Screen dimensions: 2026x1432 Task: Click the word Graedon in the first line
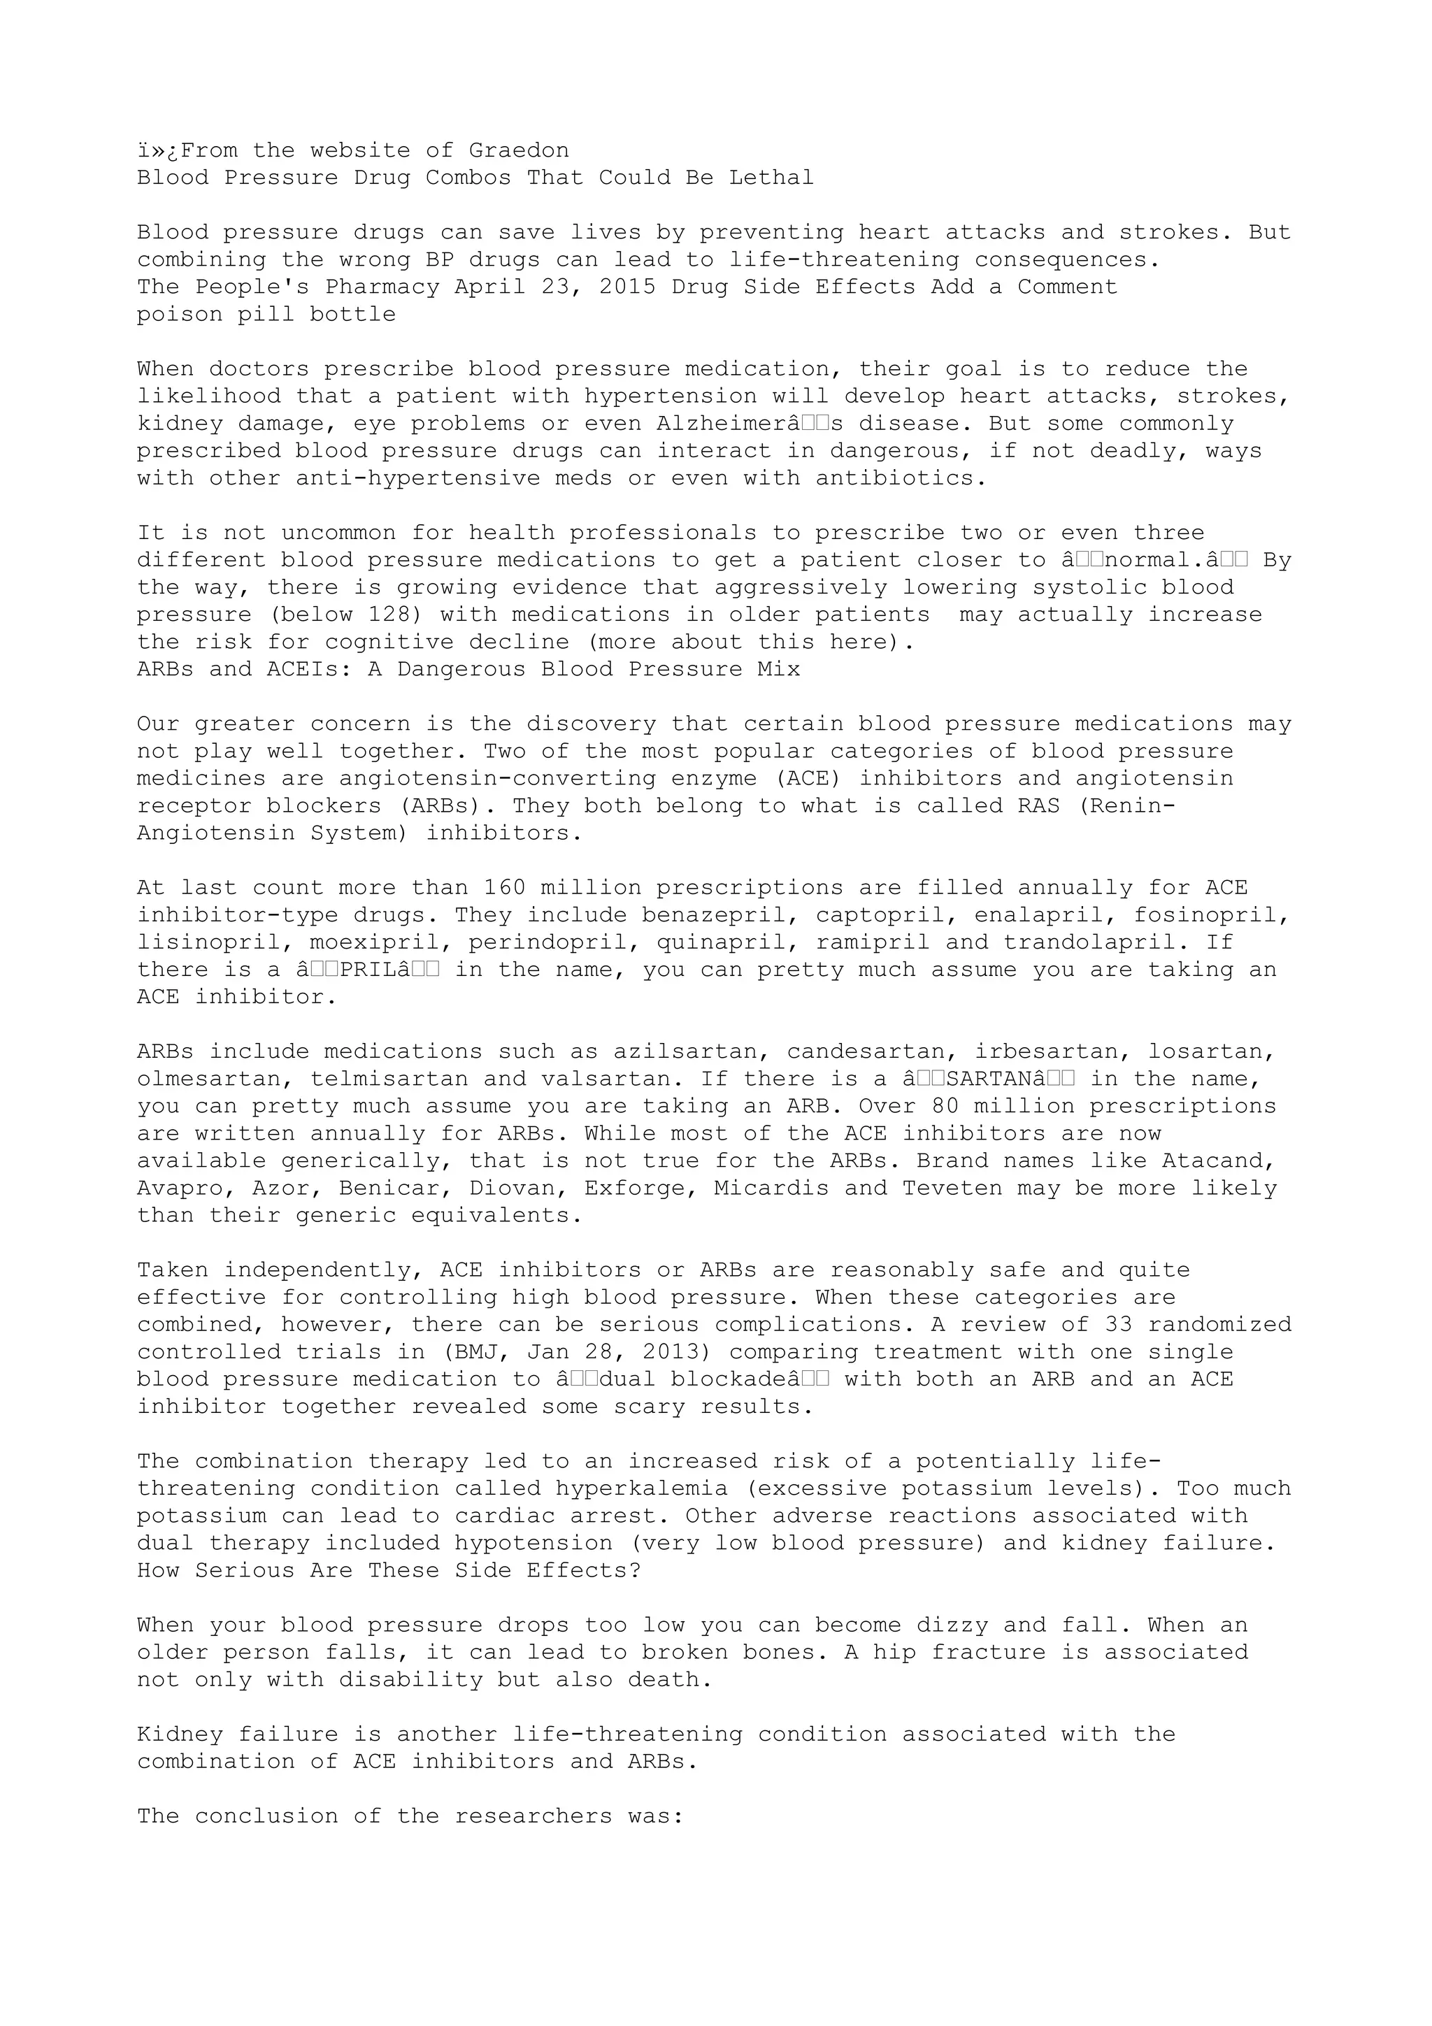tap(519, 151)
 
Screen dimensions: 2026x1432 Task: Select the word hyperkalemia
tap(641, 1490)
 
